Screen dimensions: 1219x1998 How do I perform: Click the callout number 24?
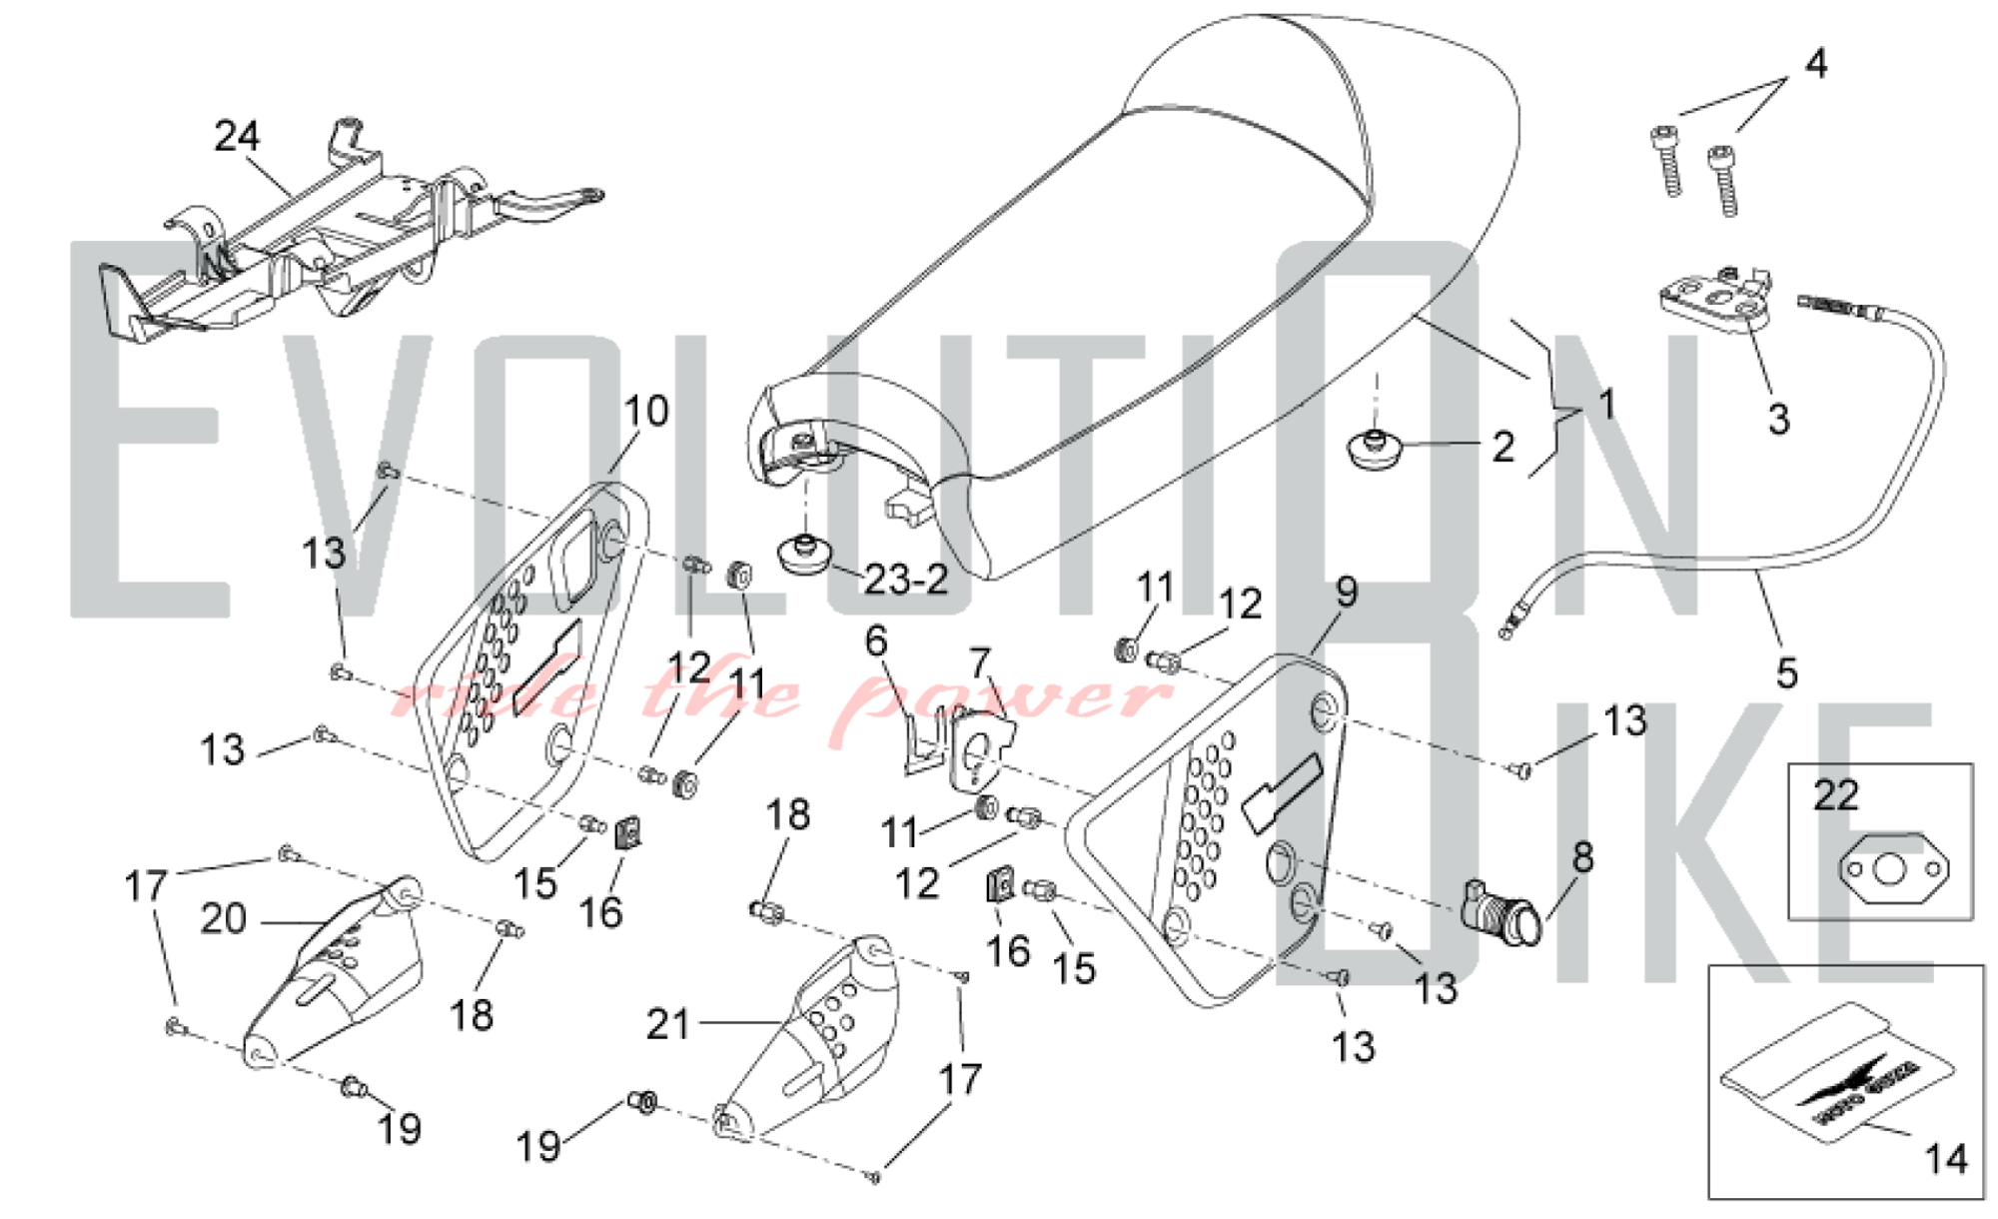237,136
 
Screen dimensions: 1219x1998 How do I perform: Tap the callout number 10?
645,411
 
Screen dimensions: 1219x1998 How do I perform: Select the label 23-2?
905,580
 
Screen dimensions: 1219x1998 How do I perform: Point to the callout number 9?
1347,593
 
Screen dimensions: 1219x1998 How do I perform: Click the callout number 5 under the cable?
1787,672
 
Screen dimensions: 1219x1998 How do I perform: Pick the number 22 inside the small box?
1836,795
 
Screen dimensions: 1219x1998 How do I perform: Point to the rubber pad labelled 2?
1376,449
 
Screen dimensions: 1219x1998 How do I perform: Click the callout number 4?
1815,63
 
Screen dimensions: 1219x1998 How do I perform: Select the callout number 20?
223,919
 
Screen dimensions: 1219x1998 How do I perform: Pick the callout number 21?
668,1024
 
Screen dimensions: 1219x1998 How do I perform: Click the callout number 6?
876,641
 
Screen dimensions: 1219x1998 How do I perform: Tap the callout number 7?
980,662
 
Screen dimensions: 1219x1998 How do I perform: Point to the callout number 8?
1582,857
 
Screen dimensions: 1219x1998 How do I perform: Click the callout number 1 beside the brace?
1606,405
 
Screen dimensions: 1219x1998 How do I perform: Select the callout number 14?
1945,1159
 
